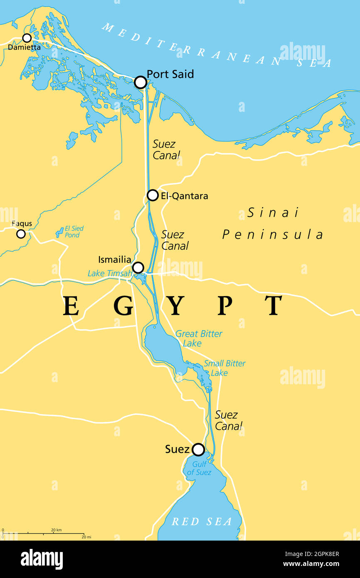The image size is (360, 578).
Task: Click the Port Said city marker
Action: click(x=141, y=82)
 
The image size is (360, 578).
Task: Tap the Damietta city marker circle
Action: click(x=27, y=38)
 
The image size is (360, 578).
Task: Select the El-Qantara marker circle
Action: click(x=153, y=195)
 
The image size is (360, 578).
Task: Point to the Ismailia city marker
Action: click(x=138, y=267)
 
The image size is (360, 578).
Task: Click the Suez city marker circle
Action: click(x=198, y=450)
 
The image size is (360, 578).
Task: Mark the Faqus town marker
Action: click(x=21, y=234)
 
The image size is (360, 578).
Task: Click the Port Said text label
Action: click(x=170, y=74)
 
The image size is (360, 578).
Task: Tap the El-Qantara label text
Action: click(x=185, y=196)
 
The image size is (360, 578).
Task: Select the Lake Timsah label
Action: click(x=110, y=274)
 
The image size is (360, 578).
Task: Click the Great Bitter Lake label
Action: click(x=198, y=338)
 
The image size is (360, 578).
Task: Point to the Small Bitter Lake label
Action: click(x=224, y=368)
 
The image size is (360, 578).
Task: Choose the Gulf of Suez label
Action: click(x=199, y=468)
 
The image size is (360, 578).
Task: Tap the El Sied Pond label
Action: click(x=74, y=232)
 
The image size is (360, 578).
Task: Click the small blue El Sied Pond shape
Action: click(x=59, y=232)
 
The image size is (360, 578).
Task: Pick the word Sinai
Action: click(x=273, y=213)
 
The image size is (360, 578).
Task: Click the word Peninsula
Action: click(x=273, y=235)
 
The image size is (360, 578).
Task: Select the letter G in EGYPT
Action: click(x=123, y=306)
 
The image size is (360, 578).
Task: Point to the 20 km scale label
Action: click(x=57, y=530)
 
